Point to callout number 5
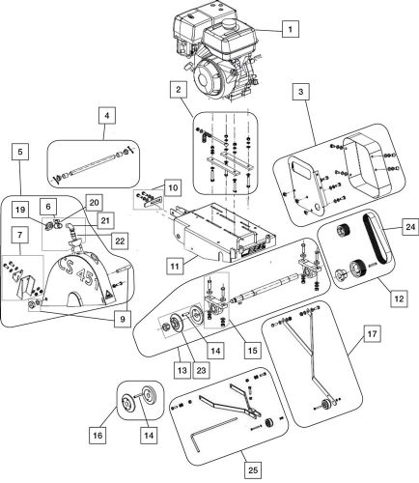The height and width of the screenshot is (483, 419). tap(20, 151)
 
